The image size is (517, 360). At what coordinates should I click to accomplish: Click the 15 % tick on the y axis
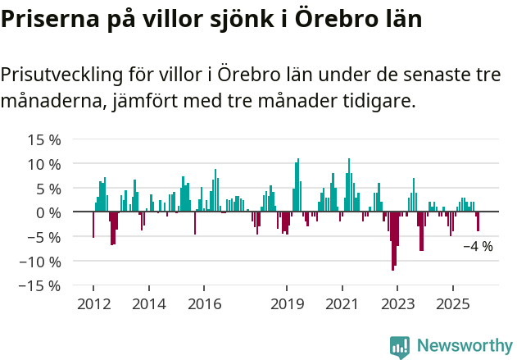pyautogui.click(x=44, y=139)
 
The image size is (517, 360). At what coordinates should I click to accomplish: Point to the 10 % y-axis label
pyautogui.click(x=44, y=164)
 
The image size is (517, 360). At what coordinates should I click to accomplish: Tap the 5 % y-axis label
pyautogui.click(x=48, y=189)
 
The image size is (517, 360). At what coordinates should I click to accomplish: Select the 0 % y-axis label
pyautogui.click(x=48, y=212)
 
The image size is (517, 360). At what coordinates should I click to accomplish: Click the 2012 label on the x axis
pyautogui.click(x=93, y=303)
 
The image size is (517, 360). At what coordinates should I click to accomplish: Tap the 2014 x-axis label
pyautogui.click(x=148, y=303)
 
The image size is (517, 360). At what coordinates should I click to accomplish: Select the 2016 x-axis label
pyautogui.click(x=204, y=303)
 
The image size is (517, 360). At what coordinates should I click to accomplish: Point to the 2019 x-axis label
pyautogui.click(x=287, y=303)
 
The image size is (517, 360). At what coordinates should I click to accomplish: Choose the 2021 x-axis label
pyautogui.click(x=342, y=303)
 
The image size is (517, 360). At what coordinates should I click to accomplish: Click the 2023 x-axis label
pyautogui.click(x=397, y=303)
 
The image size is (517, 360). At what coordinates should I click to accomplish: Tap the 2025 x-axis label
pyautogui.click(x=453, y=303)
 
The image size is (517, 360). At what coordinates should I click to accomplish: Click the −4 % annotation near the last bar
pyautogui.click(x=478, y=246)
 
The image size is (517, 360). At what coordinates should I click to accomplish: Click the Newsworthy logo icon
pyautogui.click(x=400, y=347)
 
